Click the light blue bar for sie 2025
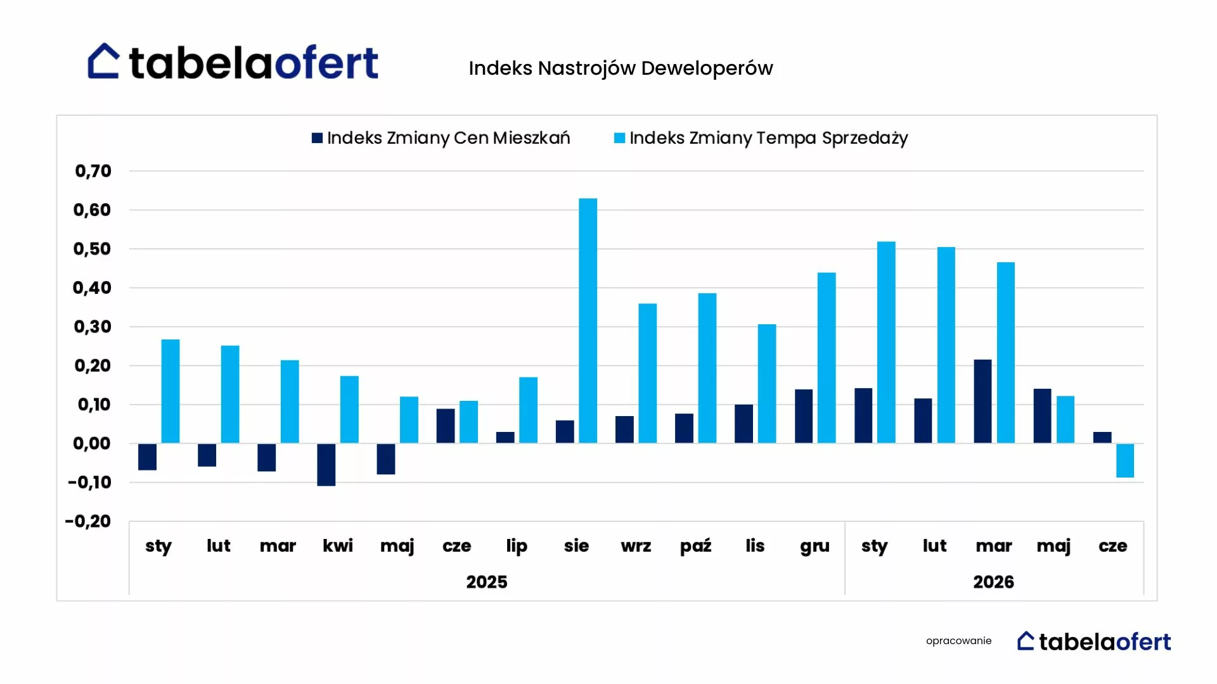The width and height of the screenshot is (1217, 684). point(588,320)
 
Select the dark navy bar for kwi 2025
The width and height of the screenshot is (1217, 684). point(326,464)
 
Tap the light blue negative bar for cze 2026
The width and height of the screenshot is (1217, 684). point(1125,460)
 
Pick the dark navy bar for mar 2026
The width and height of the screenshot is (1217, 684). point(982,402)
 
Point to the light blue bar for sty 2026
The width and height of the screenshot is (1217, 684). point(886,342)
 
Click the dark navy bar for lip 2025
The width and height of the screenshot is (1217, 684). point(505,438)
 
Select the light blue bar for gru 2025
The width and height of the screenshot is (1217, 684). point(827,358)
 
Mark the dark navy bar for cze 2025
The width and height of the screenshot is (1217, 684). point(446,426)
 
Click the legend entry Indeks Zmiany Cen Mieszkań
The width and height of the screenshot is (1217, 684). point(441,138)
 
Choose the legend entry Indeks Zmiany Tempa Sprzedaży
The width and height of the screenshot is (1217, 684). point(761,138)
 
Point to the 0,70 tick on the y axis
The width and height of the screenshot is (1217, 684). point(93,171)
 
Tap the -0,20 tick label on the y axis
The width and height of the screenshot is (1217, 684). point(88,521)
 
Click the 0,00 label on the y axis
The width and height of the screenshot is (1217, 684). point(92,443)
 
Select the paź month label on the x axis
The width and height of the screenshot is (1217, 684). point(695,545)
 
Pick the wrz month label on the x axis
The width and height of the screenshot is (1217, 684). point(636,546)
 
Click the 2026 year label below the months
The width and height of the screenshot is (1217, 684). point(993,582)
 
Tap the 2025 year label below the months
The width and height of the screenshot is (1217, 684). point(487,582)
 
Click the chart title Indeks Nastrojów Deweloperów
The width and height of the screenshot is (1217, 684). point(621,68)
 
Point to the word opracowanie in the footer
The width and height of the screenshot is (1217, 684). point(958,641)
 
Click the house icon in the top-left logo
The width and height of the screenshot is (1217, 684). point(103,61)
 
